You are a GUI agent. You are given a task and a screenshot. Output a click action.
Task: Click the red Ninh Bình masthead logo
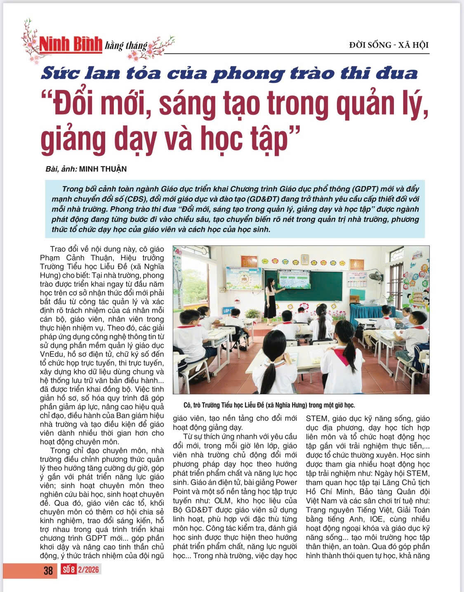point(71,44)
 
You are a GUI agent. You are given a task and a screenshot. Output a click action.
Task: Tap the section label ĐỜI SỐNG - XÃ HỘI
point(389,45)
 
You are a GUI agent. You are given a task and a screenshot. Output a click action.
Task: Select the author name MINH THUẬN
point(103,169)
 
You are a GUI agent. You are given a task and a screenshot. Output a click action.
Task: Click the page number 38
point(48,571)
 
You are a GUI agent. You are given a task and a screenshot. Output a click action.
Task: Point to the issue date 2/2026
point(89,570)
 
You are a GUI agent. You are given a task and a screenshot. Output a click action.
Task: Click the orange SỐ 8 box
point(69,570)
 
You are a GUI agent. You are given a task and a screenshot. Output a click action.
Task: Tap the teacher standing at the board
point(271,297)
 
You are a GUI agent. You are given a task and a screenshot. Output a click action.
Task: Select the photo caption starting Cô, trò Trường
point(269,405)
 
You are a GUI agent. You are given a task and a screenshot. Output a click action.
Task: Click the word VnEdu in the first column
point(51,354)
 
